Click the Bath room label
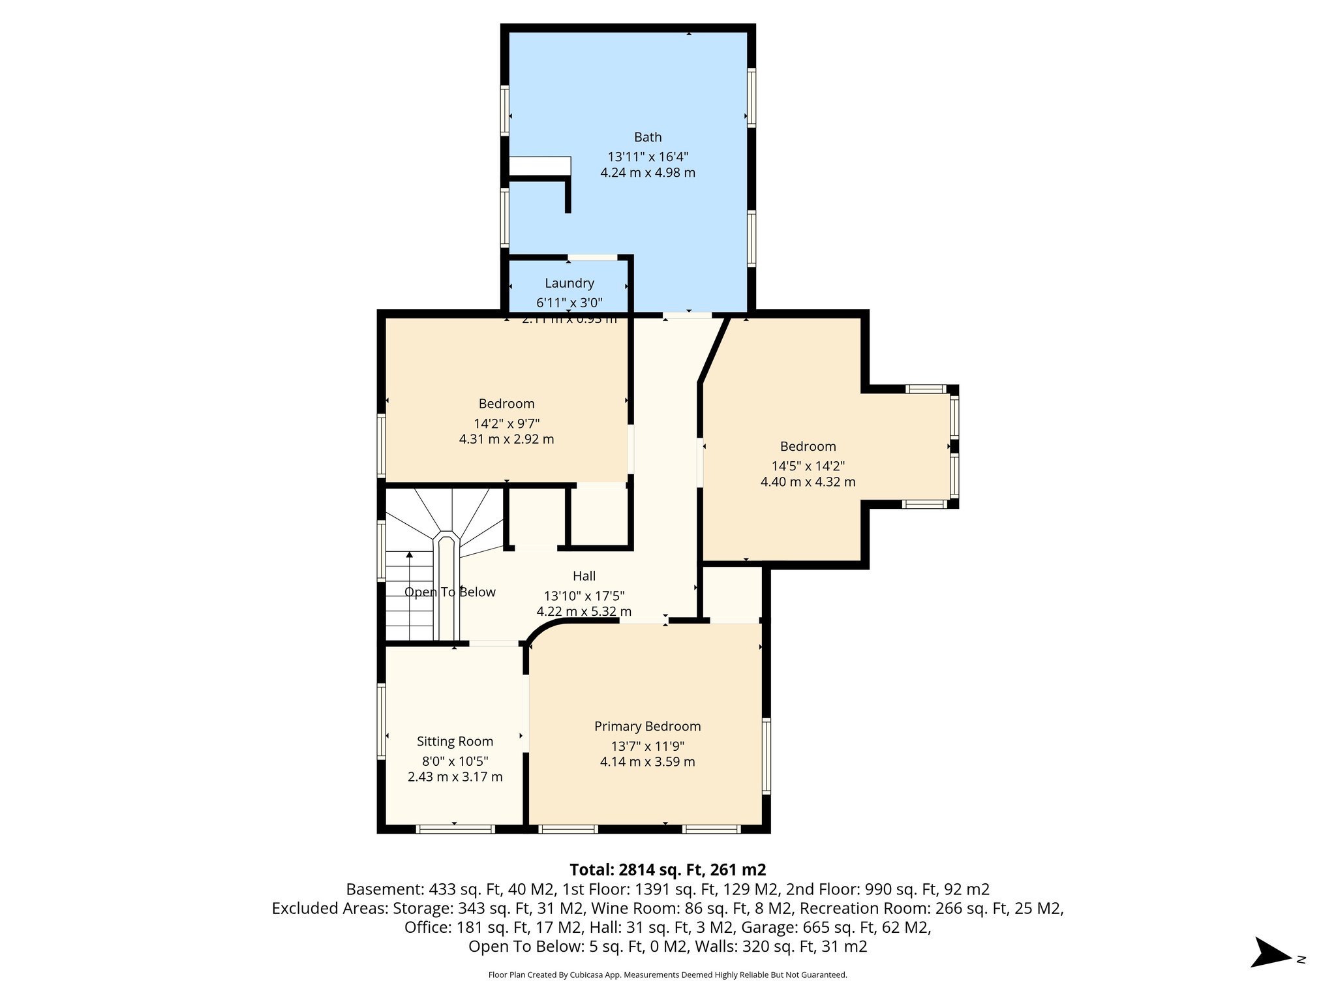(x=648, y=137)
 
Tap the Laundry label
(x=569, y=283)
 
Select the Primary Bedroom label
(x=647, y=726)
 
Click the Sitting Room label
(x=455, y=741)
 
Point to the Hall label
(x=584, y=576)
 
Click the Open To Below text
(x=450, y=592)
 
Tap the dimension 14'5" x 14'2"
(x=808, y=466)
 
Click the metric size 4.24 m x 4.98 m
(x=648, y=173)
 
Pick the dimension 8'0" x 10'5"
(x=455, y=761)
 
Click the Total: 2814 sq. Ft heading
(x=667, y=870)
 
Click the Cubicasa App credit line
(x=667, y=975)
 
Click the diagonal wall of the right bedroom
(x=714, y=348)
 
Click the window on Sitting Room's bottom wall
(x=455, y=829)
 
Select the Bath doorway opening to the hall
(x=687, y=315)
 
